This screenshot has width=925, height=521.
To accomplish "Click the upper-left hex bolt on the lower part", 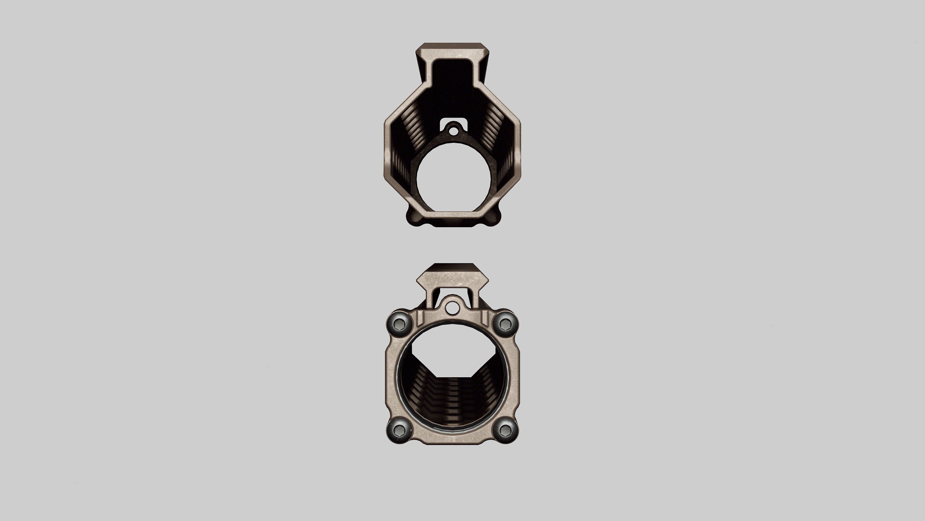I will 399,325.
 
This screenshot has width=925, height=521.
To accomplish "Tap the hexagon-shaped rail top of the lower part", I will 452,279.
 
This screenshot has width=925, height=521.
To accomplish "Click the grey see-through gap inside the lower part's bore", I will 452,361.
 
